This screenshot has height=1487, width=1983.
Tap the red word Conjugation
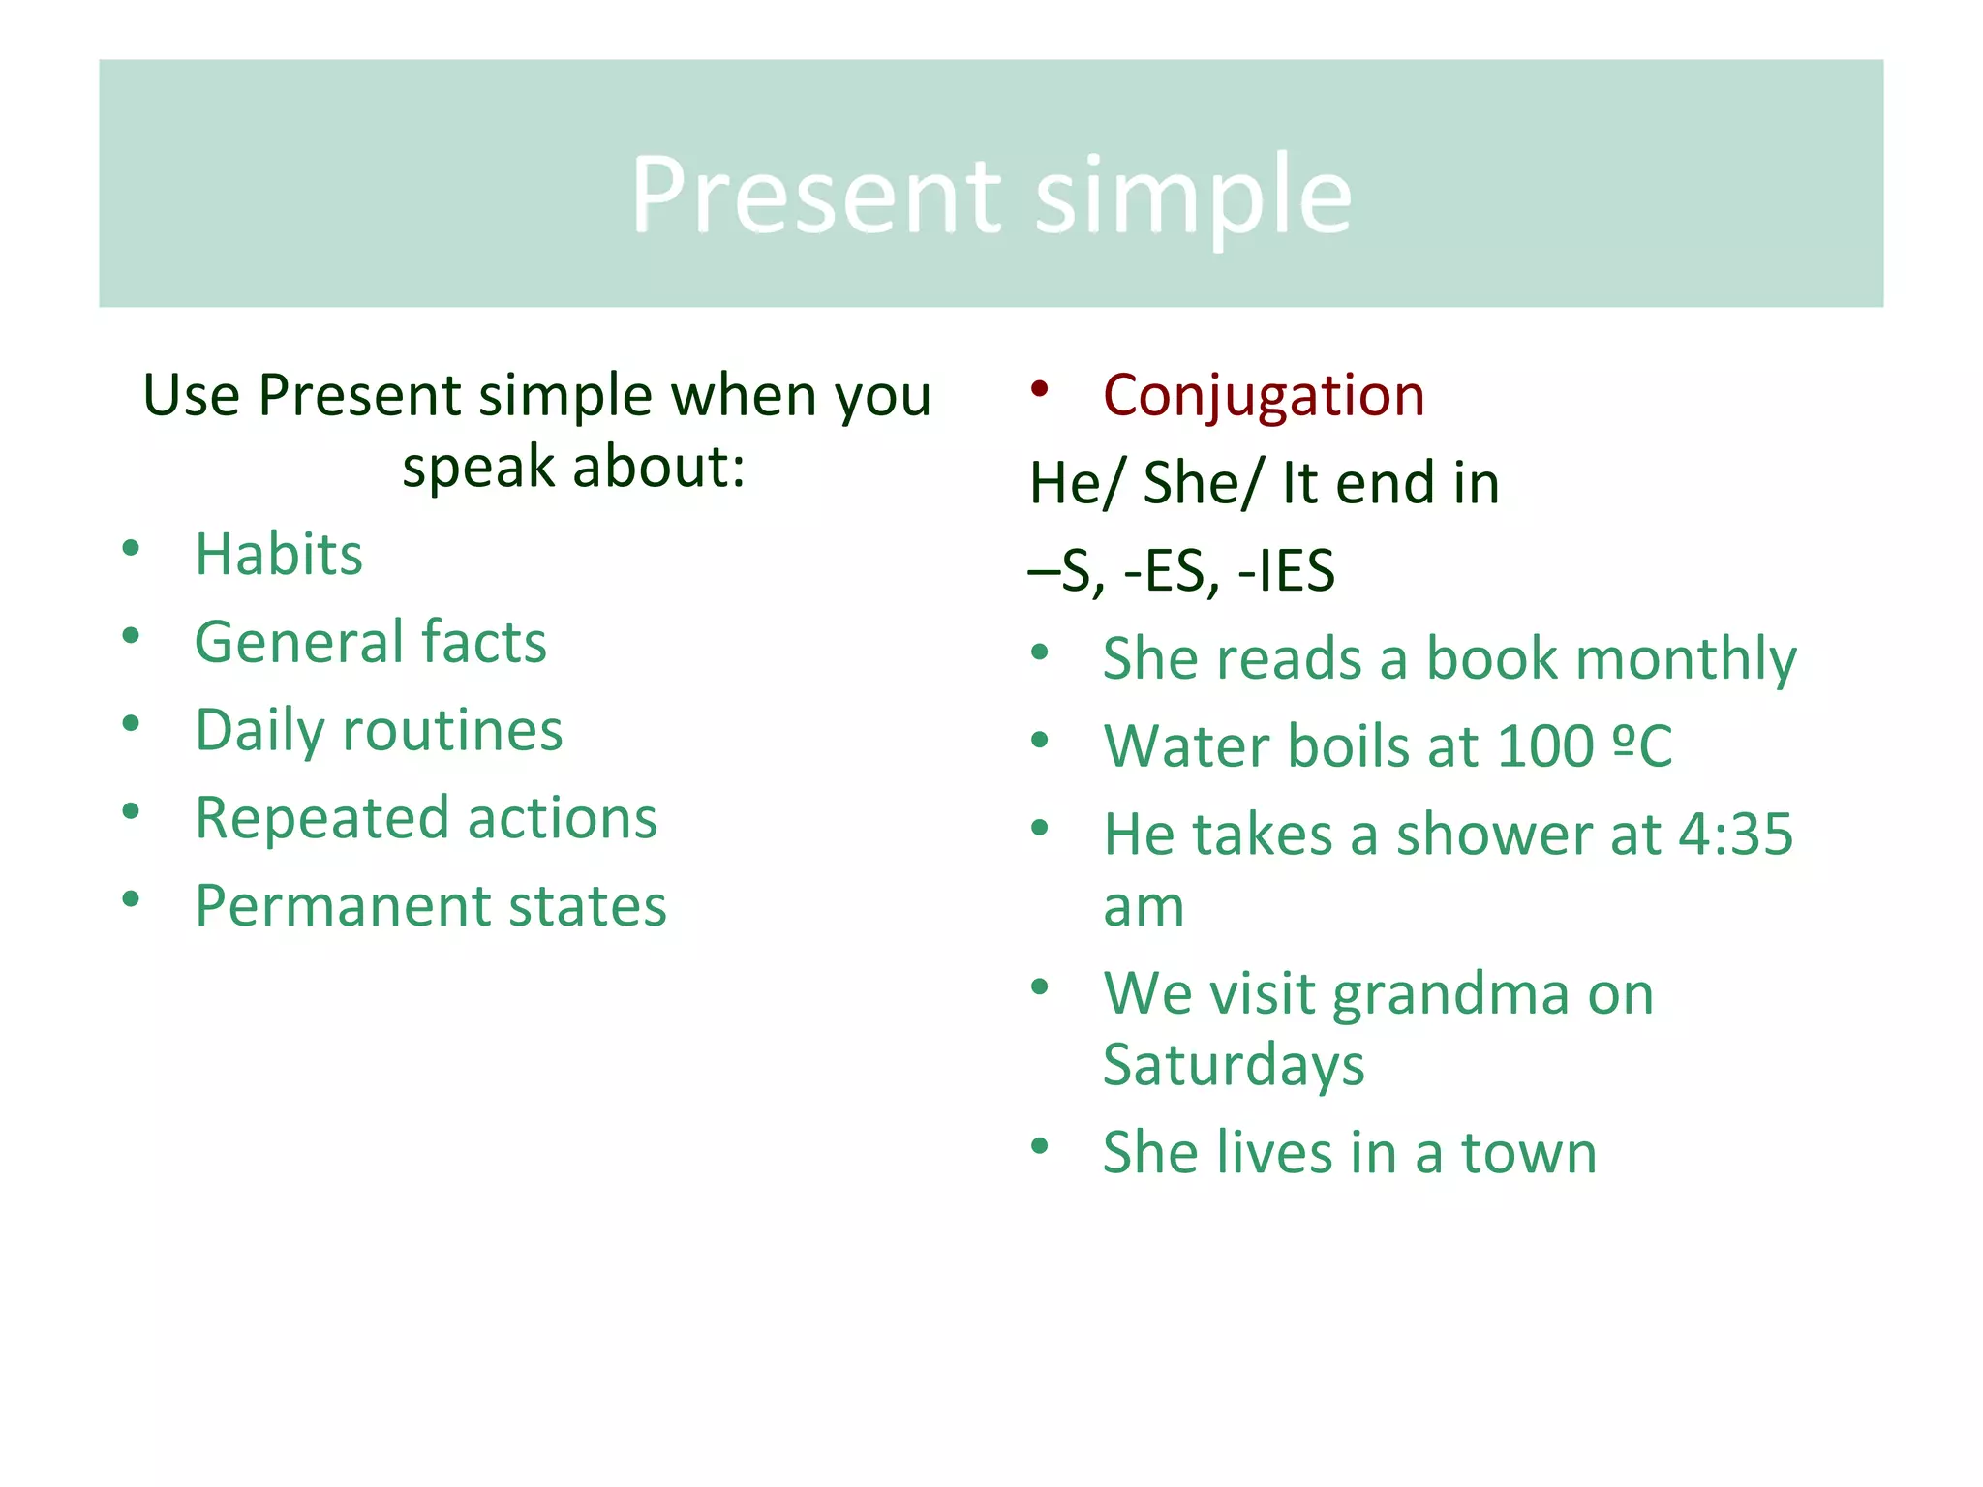1263,396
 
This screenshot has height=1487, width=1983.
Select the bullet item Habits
279,555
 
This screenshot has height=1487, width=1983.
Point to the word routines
452,730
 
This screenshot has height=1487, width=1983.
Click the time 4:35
1735,835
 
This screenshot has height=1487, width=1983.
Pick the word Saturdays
1234,1065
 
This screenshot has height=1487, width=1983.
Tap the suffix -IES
1287,570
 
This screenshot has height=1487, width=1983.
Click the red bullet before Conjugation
1040,389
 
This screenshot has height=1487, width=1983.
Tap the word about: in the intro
659,468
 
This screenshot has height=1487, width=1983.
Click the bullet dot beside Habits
131,549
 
